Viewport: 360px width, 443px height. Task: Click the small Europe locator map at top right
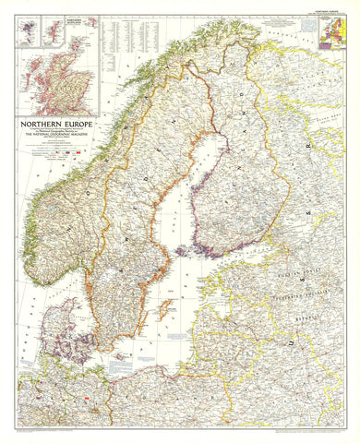click(x=331, y=31)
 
